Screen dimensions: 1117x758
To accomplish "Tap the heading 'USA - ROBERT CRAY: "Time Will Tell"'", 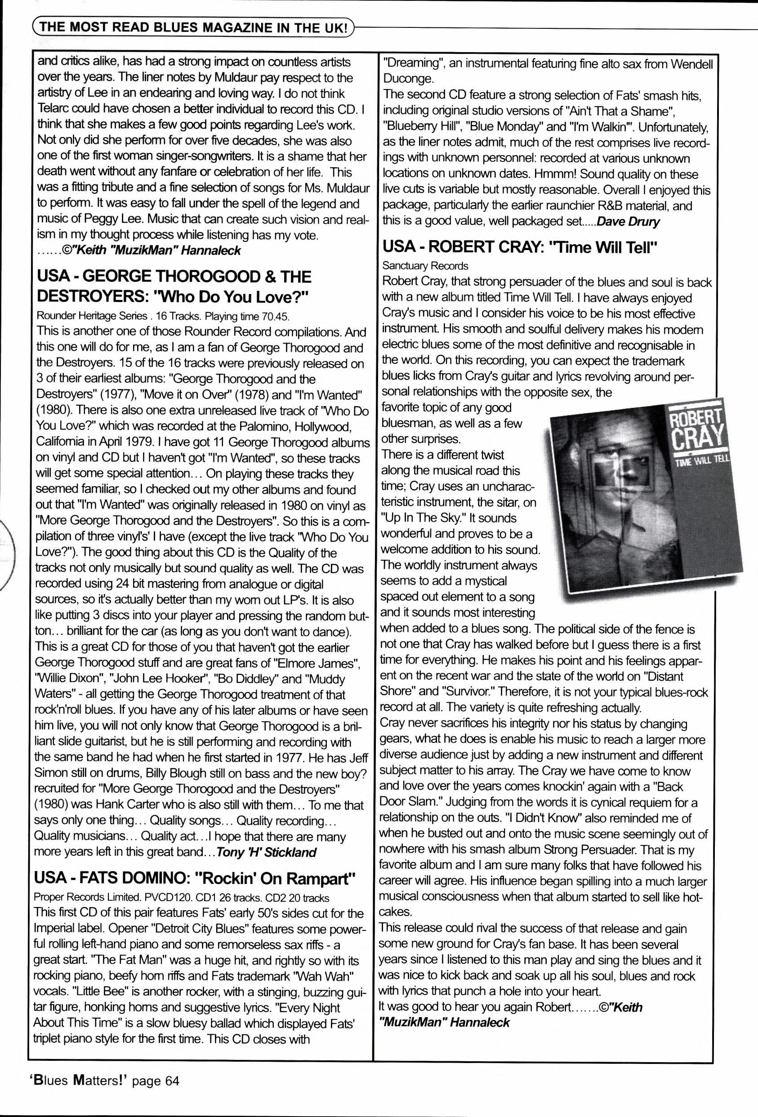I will click(x=519, y=247).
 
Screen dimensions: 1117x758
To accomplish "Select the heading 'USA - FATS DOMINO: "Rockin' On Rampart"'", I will click(x=195, y=879).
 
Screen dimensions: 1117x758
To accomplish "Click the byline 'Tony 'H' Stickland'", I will click(x=266, y=852).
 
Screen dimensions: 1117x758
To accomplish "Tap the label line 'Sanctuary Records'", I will click(x=425, y=266).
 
